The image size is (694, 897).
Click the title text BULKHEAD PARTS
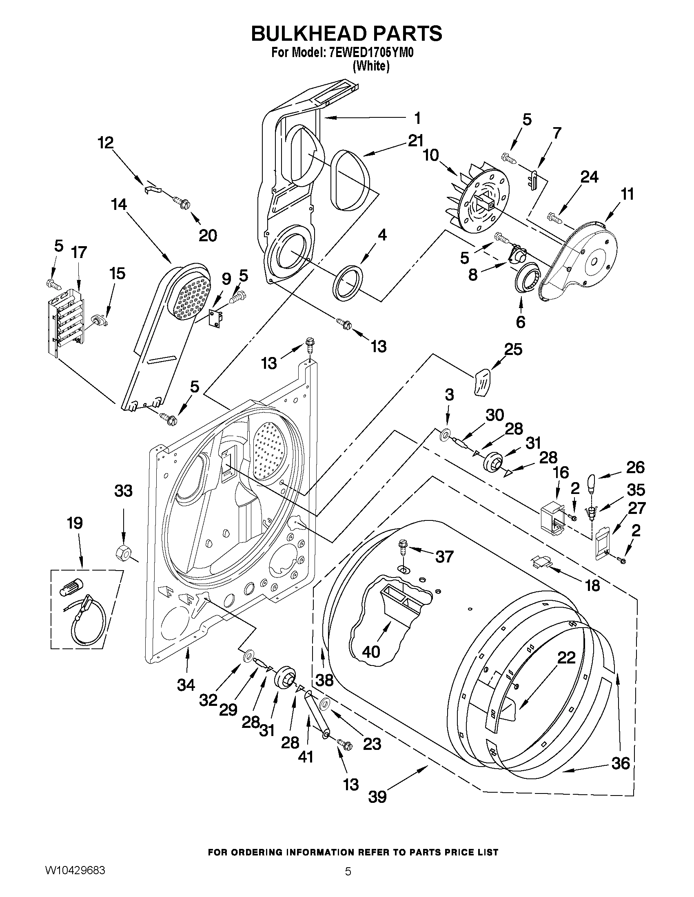(346, 34)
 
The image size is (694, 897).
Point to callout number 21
(415, 141)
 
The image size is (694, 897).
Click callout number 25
(513, 349)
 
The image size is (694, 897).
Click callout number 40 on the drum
(371, 652)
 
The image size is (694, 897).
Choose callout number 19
(75, 523)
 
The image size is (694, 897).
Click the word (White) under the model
(371, 66)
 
